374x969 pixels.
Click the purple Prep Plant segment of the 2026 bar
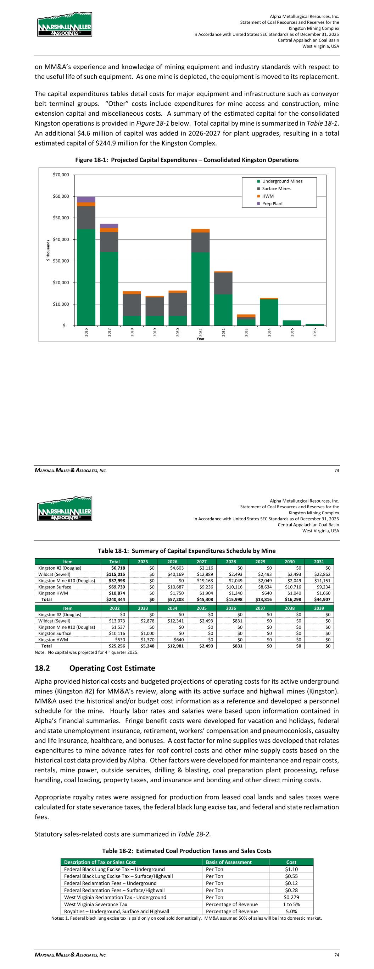(86, 199)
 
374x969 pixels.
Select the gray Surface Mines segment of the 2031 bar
(200, 242)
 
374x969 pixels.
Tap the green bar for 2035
(292, 323)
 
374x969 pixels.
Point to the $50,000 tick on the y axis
(61, 218)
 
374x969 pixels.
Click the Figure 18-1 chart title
(187, 160)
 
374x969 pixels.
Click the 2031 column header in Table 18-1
(319, 562)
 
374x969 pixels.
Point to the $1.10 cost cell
(291, 869)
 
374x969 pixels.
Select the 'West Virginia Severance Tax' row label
(95, 904)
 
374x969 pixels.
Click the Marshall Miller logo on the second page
(65, 509)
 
